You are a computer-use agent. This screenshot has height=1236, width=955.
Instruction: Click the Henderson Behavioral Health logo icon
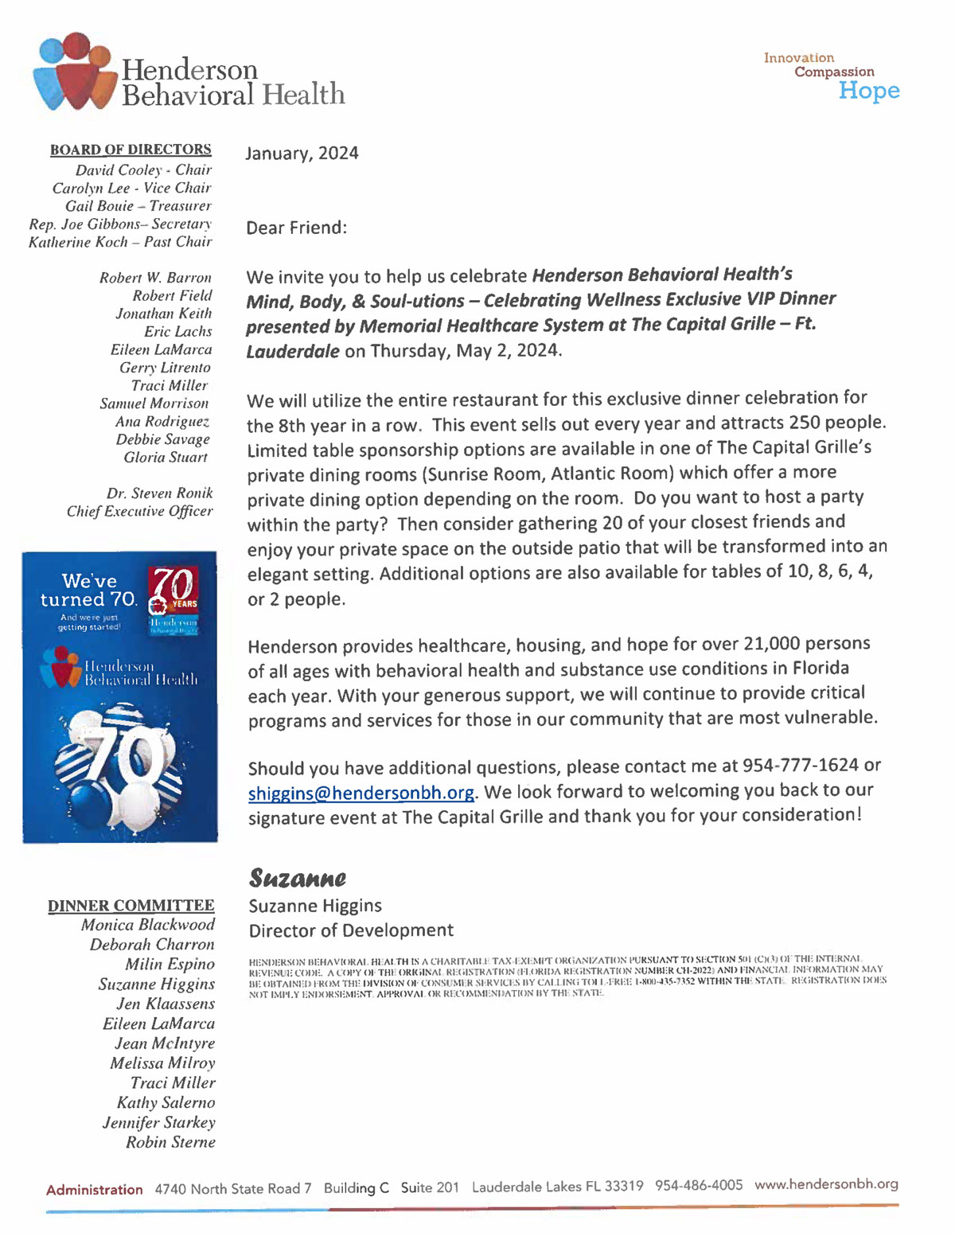pos(73,72)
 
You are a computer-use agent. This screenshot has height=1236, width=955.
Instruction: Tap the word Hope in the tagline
pos(868,91)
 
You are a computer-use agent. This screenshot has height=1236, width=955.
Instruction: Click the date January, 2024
pos(302,153)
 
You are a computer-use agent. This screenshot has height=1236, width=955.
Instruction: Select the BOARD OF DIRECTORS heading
pos(131,150)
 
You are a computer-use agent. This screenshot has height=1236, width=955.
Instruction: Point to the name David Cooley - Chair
pos(143,170)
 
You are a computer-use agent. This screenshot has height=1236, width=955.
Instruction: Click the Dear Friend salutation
pos(296,228)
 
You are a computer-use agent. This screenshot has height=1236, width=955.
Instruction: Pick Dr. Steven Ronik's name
pos(159,493)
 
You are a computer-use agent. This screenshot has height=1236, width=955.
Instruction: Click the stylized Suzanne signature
pos(298,878)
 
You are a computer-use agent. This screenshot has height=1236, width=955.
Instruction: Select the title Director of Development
pos(351,930)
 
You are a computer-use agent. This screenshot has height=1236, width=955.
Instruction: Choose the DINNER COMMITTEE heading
pos(131,906)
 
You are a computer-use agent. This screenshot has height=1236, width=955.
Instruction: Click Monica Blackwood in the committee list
pos(147,925)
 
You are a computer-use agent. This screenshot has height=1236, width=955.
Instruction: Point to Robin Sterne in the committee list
pos(170,1142)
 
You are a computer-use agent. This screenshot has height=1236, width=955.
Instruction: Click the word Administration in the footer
pos(94,1190)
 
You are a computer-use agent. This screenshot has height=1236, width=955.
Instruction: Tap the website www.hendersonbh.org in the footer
pos(826,1184)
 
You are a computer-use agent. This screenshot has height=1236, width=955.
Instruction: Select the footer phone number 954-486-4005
pos(699,1185)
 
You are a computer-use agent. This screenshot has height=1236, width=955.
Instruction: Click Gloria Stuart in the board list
pos(166,458)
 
